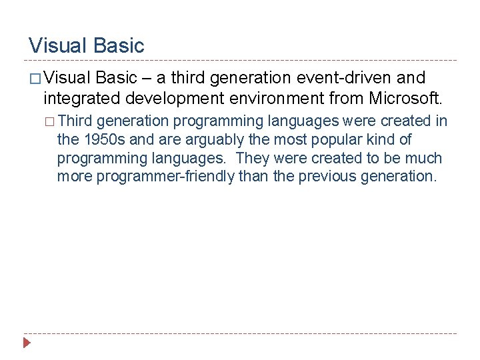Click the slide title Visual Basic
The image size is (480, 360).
(86, 45)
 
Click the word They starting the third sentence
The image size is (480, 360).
(254, 159)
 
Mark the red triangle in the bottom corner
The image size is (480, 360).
(27, 344)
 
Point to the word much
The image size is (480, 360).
(425, 159)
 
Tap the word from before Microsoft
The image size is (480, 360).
(345, 99)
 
